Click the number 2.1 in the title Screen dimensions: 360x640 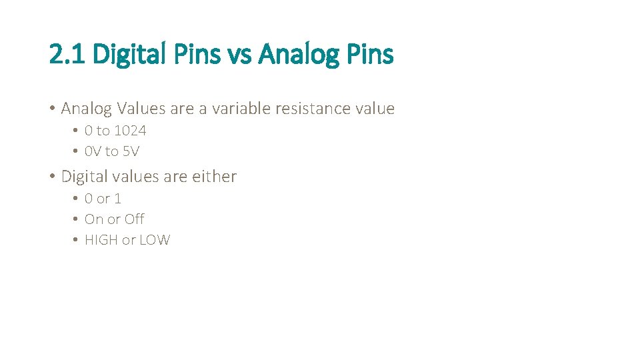coord(67,54)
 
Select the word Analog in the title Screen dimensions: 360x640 coord(298,54)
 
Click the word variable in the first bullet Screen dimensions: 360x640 coord(237,108)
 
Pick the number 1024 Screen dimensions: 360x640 coord(130,131)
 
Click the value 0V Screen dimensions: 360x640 coord(93,151)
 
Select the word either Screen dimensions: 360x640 coord(214,177)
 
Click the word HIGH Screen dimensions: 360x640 coord(101,240)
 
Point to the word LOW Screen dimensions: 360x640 coord(155,240)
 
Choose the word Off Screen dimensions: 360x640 coord(134,219)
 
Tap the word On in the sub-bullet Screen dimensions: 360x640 coord(94,219)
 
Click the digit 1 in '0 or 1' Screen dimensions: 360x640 coord(118,199)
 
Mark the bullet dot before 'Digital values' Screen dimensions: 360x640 coord(52,177)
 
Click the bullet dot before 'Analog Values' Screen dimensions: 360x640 coord(52,108)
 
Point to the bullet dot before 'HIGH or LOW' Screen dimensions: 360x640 coord(77,240)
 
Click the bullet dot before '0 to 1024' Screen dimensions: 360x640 coord(77,131)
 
